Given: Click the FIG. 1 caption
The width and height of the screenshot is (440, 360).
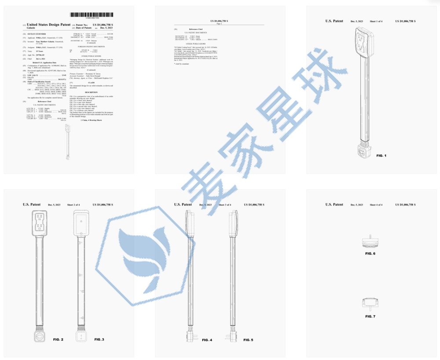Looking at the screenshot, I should (381, 156).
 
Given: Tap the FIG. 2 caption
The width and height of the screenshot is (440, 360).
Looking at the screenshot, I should (59, 340).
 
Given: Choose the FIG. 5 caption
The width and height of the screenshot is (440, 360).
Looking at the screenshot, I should (248, 340).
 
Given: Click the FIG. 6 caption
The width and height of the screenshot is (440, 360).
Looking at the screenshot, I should (370, 254).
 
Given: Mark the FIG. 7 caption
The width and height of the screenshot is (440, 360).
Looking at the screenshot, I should (370, 316).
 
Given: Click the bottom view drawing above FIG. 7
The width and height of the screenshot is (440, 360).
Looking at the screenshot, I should (370, 304).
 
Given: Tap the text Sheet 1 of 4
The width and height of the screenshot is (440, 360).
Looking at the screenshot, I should (378, 21).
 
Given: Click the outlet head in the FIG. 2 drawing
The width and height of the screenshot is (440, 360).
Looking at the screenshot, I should (40, 223).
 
